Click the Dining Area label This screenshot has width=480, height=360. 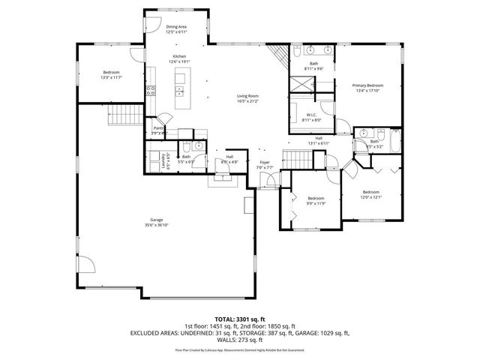pos(176,29)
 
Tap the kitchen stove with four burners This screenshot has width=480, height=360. pos(150,91)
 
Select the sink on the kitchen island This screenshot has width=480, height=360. pos(180,91)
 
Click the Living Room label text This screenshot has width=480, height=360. pos(247,98)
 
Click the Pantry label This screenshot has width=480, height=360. pos(159,130)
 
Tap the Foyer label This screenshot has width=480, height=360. pos(265,164)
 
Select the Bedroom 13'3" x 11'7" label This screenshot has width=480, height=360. pos(111,74)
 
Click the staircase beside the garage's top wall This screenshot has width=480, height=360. pos(125,114)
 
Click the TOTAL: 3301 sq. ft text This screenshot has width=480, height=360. pos(240,319)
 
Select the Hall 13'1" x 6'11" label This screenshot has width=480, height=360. pos(319,140)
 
